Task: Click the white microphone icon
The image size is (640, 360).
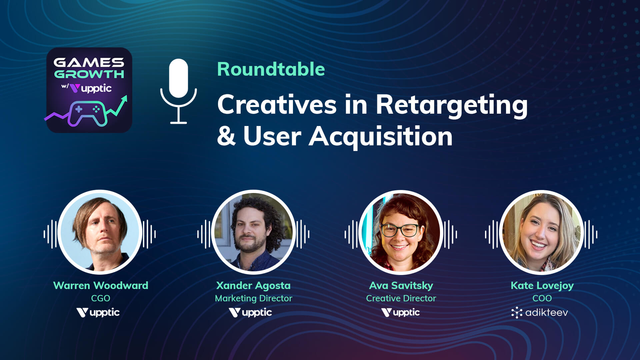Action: (178, 91)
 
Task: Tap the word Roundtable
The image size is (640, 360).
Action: (271, 69)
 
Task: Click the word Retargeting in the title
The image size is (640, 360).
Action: (452, 105)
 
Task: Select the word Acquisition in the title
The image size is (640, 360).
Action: (381, 137)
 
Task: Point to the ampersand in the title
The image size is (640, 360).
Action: (226, 137)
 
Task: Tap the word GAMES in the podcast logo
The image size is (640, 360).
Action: (89, 62)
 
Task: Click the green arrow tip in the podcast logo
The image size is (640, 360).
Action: (124, 98)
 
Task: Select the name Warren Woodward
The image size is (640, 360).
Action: (101, 285)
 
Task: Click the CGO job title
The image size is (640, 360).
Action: (101, 298)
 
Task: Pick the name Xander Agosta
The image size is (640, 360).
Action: (253, 285)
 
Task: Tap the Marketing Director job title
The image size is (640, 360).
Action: (253, 298)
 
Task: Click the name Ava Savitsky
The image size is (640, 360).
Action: (401, 285)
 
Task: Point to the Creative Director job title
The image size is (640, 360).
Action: (401, 298)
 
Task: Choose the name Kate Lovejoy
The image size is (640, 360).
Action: (542, 285)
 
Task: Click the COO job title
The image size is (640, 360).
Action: (542, 298)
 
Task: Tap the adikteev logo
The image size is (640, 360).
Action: (540, 313)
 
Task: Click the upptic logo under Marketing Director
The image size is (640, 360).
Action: (250, 313)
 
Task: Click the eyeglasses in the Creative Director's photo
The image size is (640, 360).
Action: (400, 230)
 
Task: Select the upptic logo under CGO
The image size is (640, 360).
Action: (98, 313)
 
